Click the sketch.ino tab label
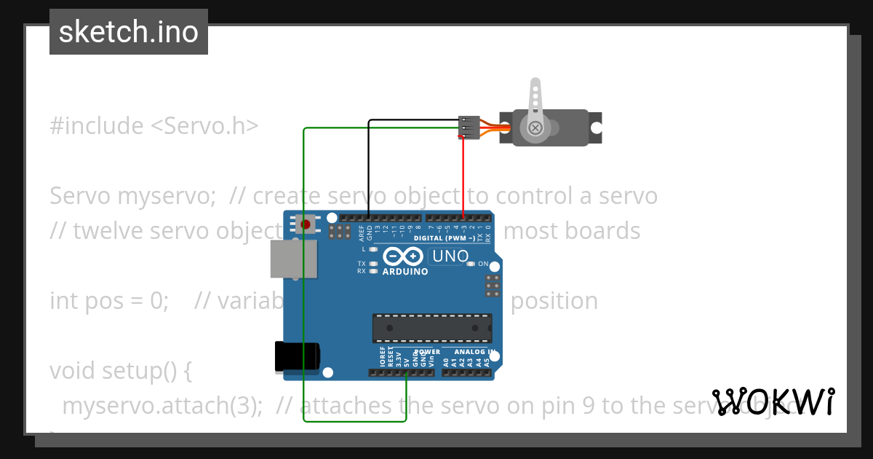[129, 32]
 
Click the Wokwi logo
[773, 402]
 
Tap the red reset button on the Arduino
[306, 224]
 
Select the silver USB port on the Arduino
[293, 259]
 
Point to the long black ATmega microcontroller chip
[432, 328]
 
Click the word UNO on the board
[450, 256]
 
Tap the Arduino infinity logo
[402, 256]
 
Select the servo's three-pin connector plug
[468, 127]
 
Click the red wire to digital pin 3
[463, 175]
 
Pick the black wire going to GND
[369, 168]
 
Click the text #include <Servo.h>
[154, 126]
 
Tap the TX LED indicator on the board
[373, 264]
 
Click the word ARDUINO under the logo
[404, 272]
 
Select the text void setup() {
[121, 371]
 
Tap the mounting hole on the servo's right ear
[596, 127]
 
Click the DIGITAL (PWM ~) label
[445, 238]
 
